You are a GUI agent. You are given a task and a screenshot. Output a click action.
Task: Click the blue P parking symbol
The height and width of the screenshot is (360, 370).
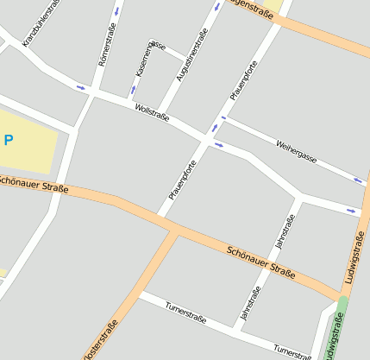coord(9,139)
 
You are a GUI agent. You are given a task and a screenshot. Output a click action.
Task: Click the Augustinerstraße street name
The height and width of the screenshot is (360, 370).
coord(192,56)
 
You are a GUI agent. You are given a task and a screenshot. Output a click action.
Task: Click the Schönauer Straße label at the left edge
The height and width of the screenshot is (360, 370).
coord(33,184)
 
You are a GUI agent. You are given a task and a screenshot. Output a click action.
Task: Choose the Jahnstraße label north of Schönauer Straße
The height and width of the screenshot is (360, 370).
coord(284,231)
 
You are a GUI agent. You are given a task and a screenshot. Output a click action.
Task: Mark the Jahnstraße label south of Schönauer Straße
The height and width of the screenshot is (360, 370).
coord(249,306)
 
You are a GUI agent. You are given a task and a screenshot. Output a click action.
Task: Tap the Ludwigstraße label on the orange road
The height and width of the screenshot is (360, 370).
coord(354,259)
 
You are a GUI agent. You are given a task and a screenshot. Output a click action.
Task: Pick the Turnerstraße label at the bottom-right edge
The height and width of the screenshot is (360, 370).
coord(292,351)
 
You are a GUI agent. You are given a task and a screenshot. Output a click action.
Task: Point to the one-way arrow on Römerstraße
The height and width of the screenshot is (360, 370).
coord(116,11)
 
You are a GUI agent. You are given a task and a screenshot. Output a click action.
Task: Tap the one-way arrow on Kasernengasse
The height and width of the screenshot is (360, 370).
coord(134,90)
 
